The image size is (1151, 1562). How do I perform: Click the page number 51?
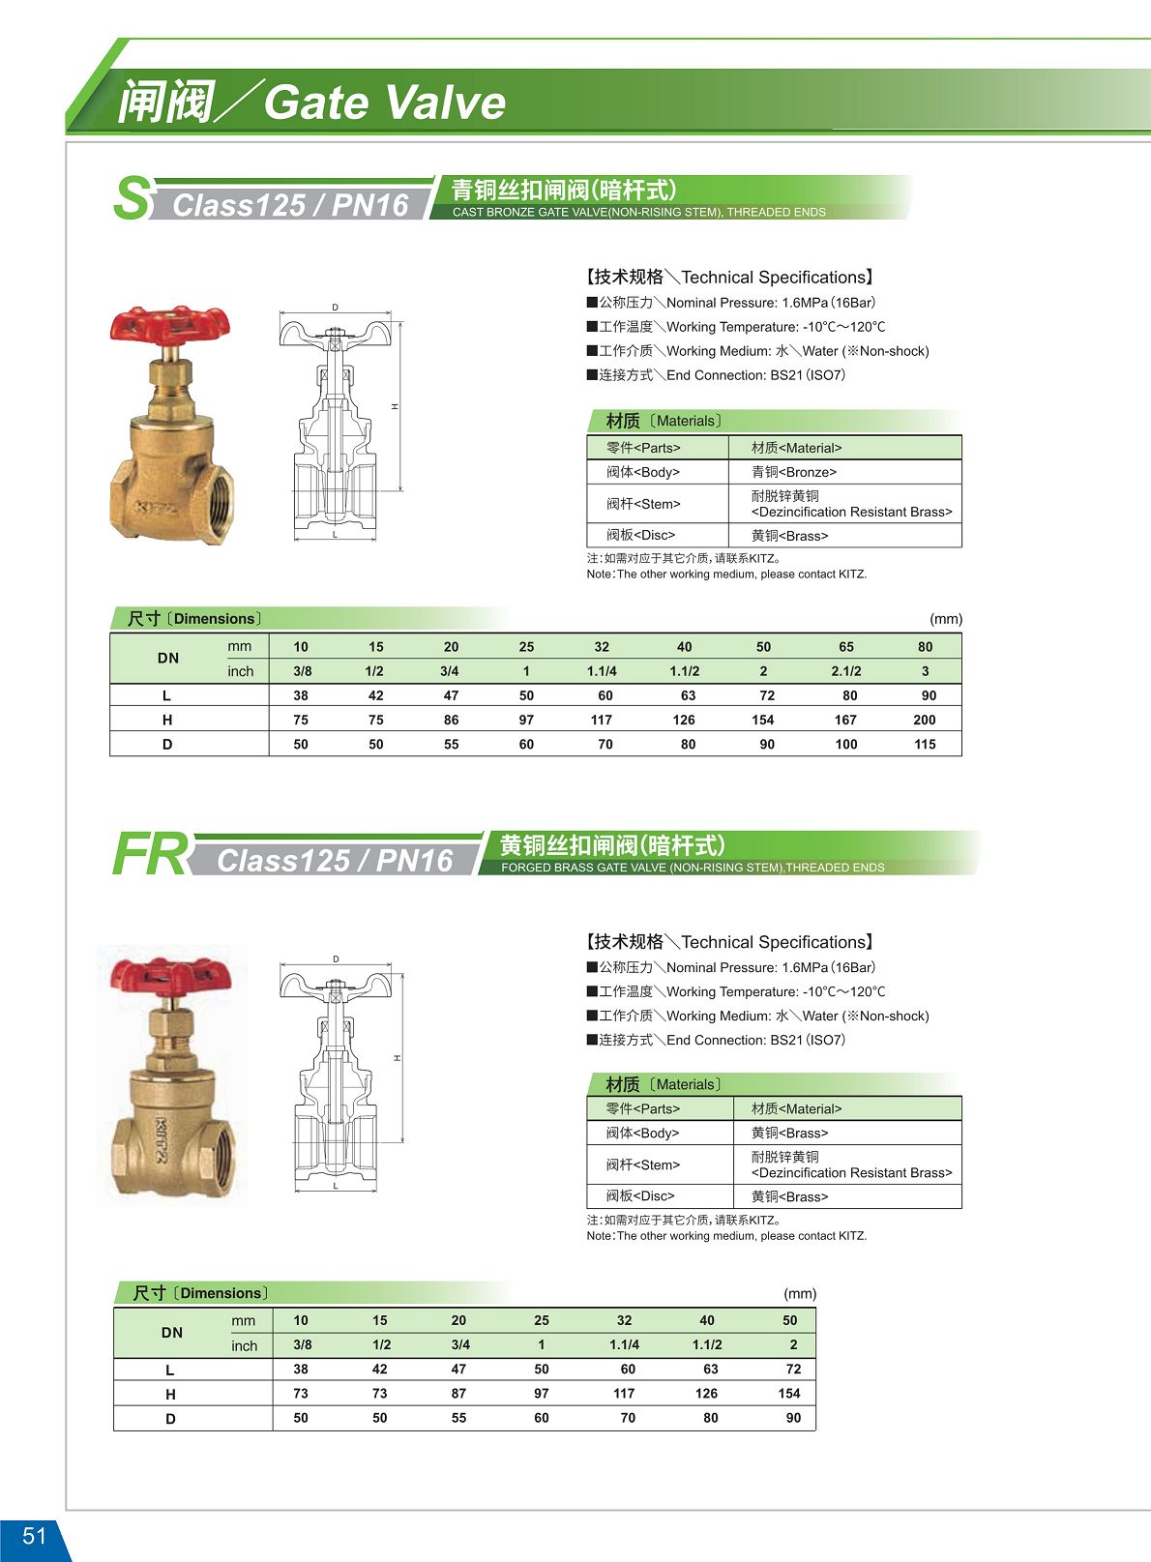tap(34, 1536)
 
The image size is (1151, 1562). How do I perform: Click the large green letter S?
tap(132, 198)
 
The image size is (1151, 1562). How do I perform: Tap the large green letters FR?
tap(150, 855)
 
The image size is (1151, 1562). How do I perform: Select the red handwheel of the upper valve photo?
tap(170, 324)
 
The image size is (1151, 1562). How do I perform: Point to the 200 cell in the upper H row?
tap(924, 720)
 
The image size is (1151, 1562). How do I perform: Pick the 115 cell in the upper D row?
tap(925, 745)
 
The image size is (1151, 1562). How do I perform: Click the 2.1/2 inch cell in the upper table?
tap(845, 671)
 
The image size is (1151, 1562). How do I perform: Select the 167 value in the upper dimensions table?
tap(845, 720)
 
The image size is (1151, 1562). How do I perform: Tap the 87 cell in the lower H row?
tap(458, 1394)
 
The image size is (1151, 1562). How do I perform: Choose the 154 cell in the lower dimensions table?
tap(789, 1394)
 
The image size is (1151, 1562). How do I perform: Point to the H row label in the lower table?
tap(170, 1395)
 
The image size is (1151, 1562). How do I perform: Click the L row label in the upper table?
tap(167, 695)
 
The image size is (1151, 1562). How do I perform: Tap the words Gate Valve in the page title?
tap(384, 103)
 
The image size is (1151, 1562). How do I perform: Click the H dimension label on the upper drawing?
tap(395, 406)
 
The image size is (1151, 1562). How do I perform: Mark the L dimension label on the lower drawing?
tap(336, 1186)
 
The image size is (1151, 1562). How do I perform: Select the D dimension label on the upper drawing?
tap(336, 308)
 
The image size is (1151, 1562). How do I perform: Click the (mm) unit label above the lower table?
tap(800, 1294)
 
